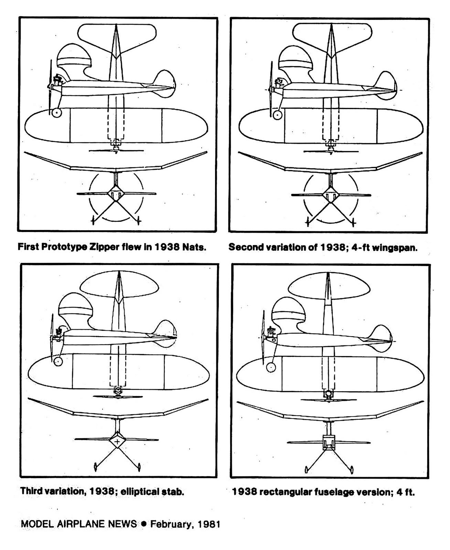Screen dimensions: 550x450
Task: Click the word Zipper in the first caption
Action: (102, 247)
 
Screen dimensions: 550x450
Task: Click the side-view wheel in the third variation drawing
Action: (57, 361)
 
